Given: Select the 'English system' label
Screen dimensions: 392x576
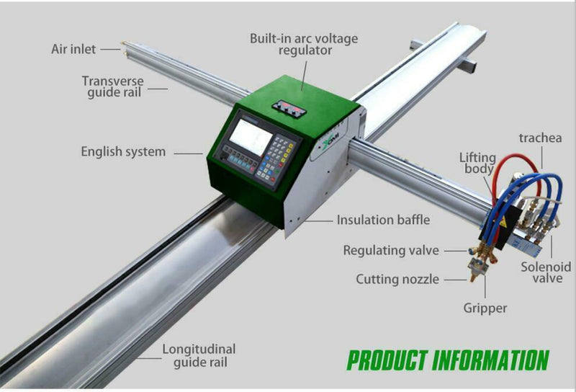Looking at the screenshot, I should [x=123, y=152].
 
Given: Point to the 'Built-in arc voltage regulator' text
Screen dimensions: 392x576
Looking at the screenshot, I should [x=303, y=44].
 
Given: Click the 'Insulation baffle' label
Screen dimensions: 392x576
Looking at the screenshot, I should [x=383, y=220].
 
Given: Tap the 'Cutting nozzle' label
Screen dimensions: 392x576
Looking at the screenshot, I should [x=397, y=279].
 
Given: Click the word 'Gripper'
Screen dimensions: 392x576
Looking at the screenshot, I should [x=485, y=308].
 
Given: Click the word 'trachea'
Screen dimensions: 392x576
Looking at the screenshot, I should [x=540, y=138].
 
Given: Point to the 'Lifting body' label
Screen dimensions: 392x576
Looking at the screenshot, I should [x=477, y=162].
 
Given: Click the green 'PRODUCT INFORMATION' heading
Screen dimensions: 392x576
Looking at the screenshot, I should [x=447, y=360].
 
